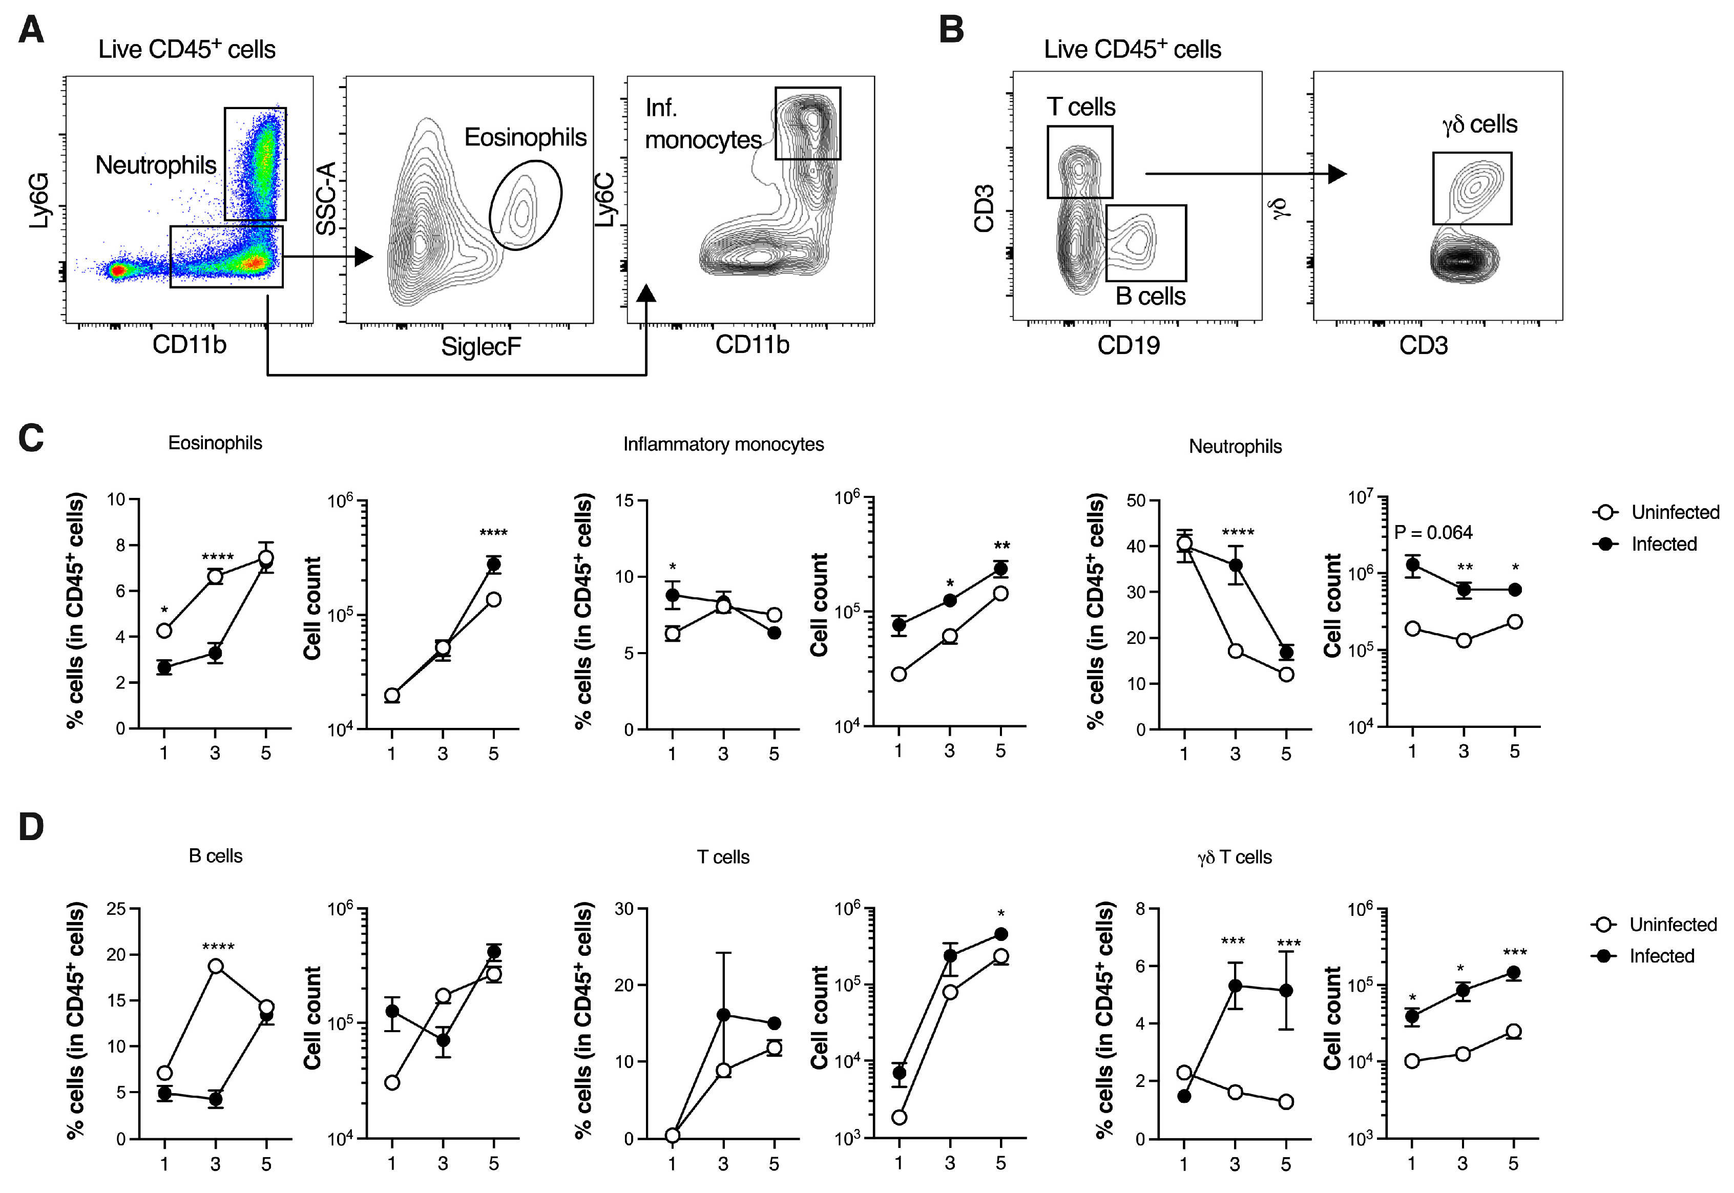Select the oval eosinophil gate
pyautogui.click(x=526, y=205)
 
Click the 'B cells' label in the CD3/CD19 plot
pyautogui.click(x=1150, y=296)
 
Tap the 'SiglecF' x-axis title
pyautogui.click(x=480, y=347)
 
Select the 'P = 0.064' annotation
pyautogui.click(x=1433, y=533)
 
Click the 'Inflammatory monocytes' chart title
pyautogui.click(x=723, y=444)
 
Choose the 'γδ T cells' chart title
pyautogui.click(x=1234, y=857)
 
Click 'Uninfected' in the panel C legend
pyautogui.click(x=1674, y=512)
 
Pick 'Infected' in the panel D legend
pyautogui.click(x=1661, y=956)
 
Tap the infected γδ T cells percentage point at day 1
pyautogui.click(x=1184, y=1096)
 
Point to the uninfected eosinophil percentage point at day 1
pyautogui.click(x=164, y=631)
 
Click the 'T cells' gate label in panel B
pyautogui.click(x=1081, y=107)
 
